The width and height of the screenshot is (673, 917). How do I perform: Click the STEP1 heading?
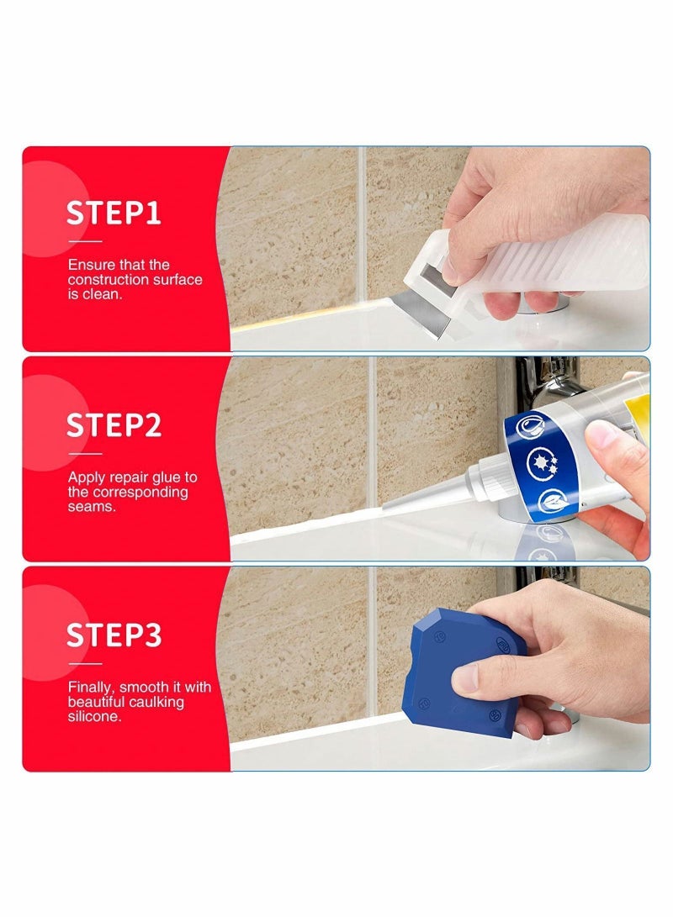(x=114, y=213)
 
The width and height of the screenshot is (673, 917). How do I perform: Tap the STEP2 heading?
(x=114, y=425)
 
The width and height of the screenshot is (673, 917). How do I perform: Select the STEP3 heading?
(x=114, y=635)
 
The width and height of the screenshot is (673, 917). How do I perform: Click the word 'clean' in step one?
(x=99, y=295)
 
